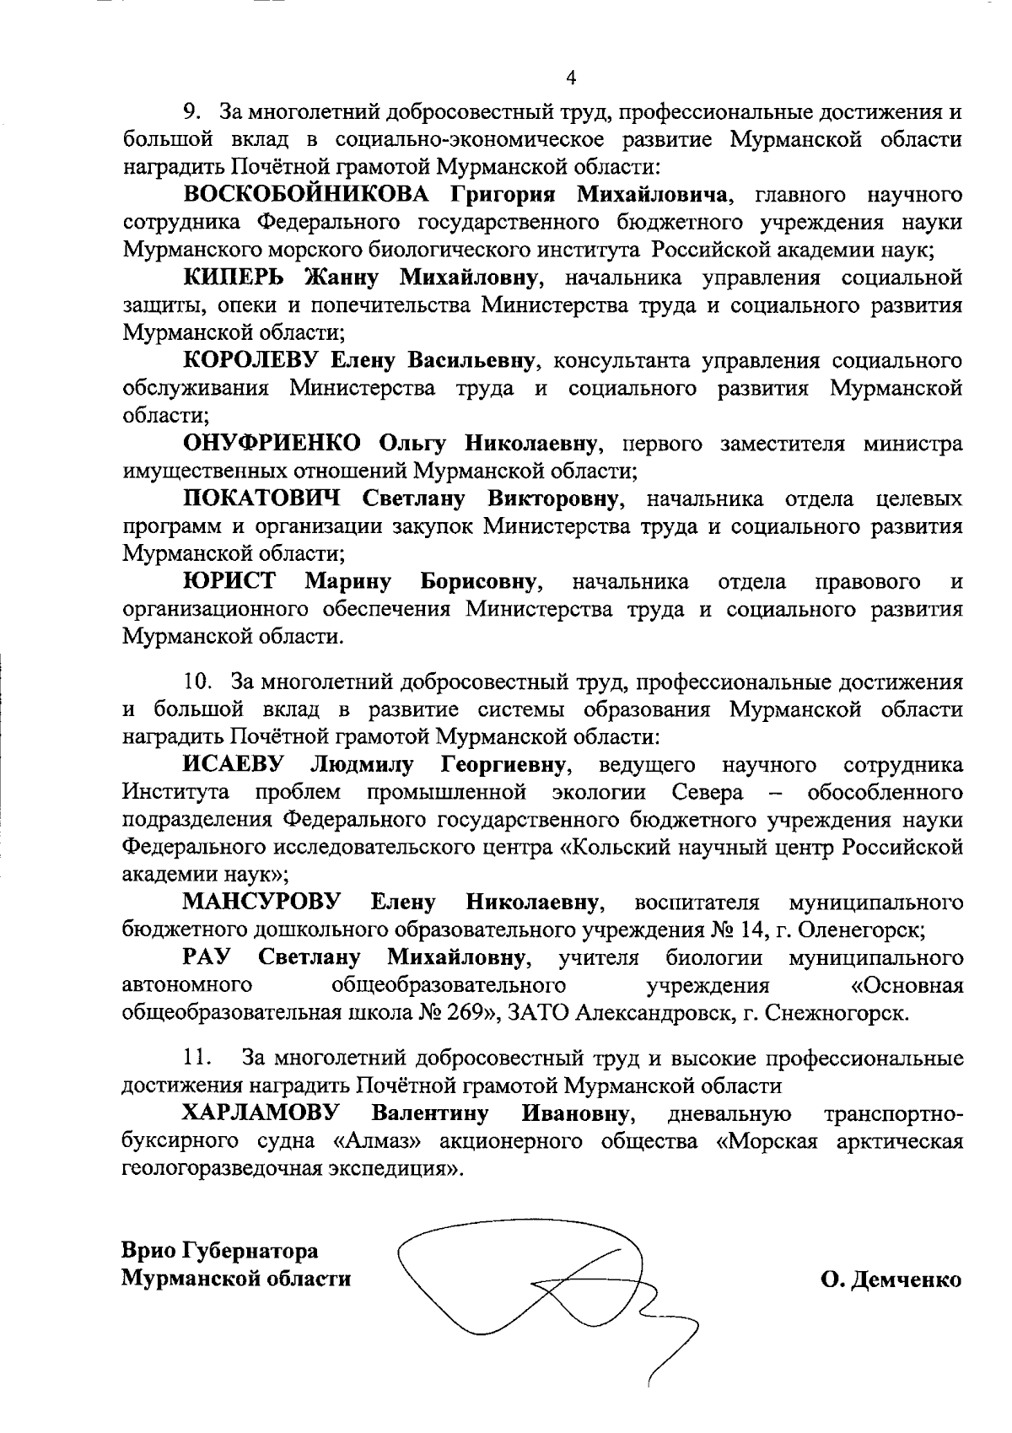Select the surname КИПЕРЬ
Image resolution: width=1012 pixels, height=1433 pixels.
239,277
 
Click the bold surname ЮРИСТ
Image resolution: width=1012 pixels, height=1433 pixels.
229,581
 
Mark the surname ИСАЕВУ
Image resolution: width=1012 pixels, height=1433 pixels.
234,765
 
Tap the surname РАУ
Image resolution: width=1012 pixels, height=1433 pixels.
207,958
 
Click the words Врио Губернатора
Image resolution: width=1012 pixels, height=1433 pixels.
220,1250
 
